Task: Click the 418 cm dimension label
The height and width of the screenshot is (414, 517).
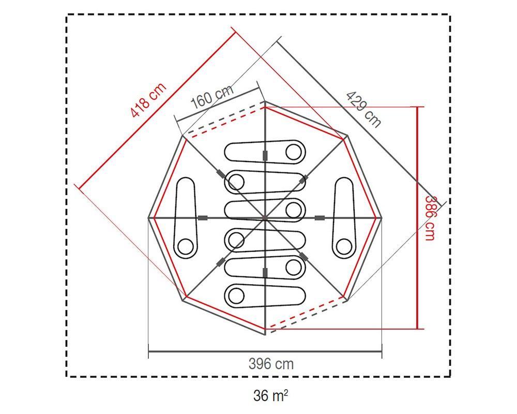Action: click(x=148, y=100)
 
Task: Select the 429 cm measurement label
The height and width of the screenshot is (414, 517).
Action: click(x=363, y=109)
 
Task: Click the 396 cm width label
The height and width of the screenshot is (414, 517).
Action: click(x=271, y=364)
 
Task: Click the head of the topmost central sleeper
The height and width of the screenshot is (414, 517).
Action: click(x=294, y=152)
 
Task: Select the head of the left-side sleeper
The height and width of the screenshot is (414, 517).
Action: click(x=185, y=247)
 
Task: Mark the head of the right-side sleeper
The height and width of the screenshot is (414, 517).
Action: click(x=344, y=247)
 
